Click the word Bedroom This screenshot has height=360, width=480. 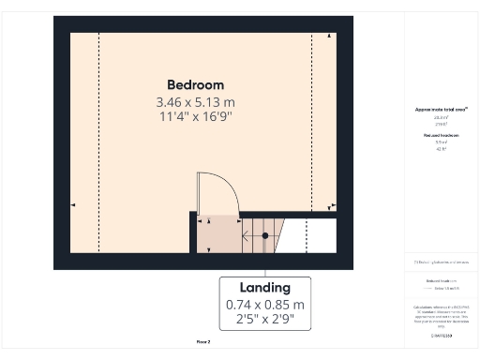click(195, 84)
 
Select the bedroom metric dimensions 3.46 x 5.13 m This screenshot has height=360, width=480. click(195, 101)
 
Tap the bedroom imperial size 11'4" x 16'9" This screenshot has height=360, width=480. click(195, 116)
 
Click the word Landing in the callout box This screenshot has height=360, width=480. click(264, 288)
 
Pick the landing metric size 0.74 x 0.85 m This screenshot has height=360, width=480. click(264, 305)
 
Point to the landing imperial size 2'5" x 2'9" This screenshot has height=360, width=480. click(264, 321)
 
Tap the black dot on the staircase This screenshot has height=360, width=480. click(265, 234)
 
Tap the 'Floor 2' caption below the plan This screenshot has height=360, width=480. click(202, 341)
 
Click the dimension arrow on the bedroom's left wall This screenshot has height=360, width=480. click(74, 204)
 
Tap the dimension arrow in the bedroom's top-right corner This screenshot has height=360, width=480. click(329, 37)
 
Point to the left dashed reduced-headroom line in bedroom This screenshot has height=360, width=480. click(98, 141)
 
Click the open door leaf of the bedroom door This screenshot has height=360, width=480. click(199, 192)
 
